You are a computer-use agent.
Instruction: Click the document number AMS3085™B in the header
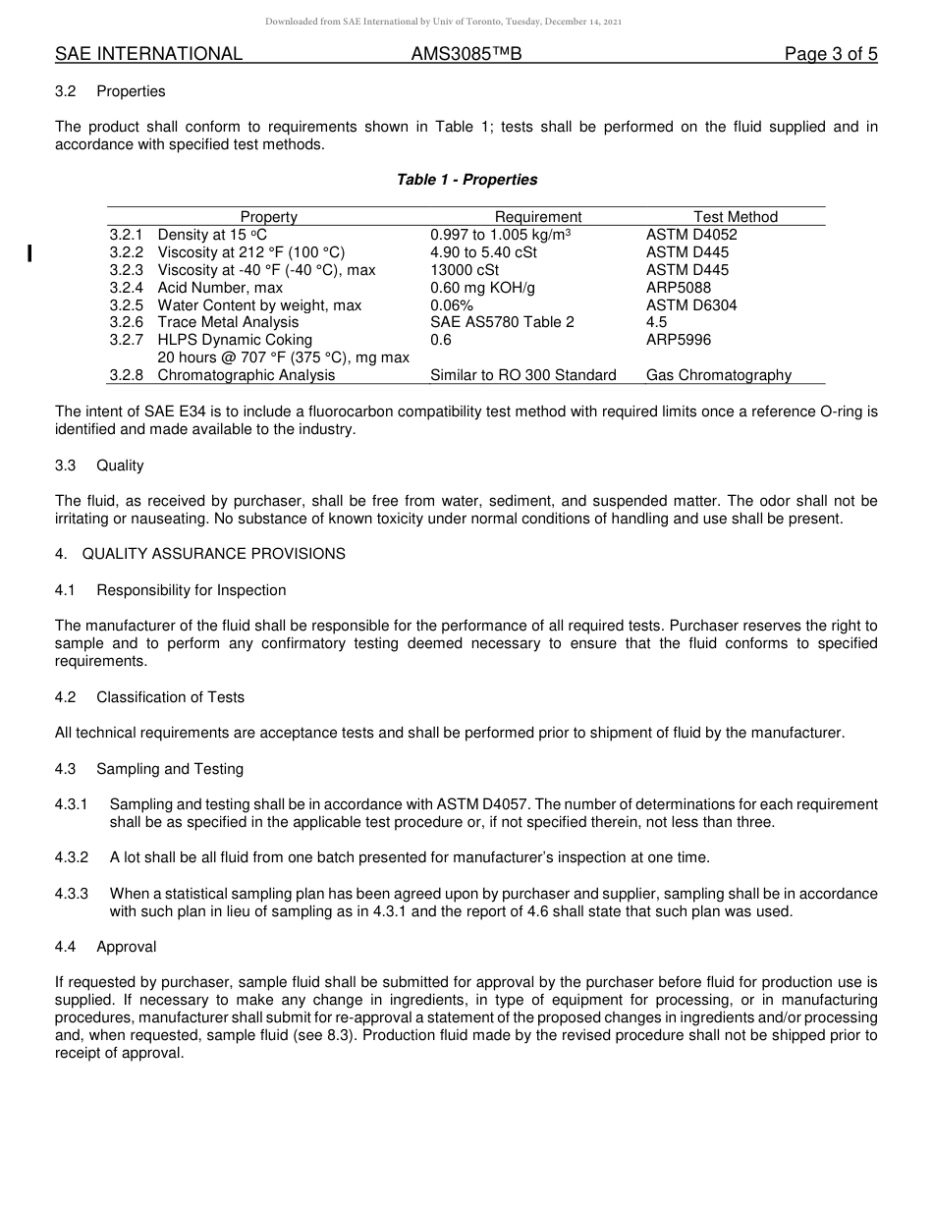pyautogui.click(x=466, y=54)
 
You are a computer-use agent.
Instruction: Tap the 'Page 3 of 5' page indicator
pyautogui.click(x=830, y=54)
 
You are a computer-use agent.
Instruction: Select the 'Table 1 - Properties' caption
pyautogui.click(x=466, y=180)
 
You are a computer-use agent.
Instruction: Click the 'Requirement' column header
pyautogui.click(x=538, y=217)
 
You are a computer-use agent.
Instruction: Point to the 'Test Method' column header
pyautogui.click(x=736, y=217)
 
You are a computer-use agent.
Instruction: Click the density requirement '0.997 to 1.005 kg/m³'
pyautogui.click(x=501, y=235)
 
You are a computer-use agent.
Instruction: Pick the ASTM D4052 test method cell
pyautogui.click(x=691, y=235)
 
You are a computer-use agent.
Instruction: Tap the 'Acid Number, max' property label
pyautogui.click(x=220, y=288)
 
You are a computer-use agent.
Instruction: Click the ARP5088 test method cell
pyautogui.click(x=679, y=288)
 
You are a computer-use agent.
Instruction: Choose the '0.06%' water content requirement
pyautogui.click(x=452, y=305)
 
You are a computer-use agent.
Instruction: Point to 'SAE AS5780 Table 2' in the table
pyautogui.click(x=502, y=322)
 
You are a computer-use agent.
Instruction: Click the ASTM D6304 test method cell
pyautogui.click(x=691, y=305)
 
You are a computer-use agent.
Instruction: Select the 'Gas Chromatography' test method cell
pyautogui.click(x=719, y=375)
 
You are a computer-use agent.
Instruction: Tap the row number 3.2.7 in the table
pyautogui.click(x=126, y=340)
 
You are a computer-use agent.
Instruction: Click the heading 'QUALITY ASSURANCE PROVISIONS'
pyautogui.click(x=213, y=554)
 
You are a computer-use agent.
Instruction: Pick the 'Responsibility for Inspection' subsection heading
pyautogui.click(x=192, y=590)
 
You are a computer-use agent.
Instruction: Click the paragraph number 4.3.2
pyautogui.click(x=72, y=857)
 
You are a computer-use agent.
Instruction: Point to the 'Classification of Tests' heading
pyautogui.click(x=171, y=697)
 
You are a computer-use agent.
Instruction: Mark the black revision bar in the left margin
pyautogui.click(x=30, y=253)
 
